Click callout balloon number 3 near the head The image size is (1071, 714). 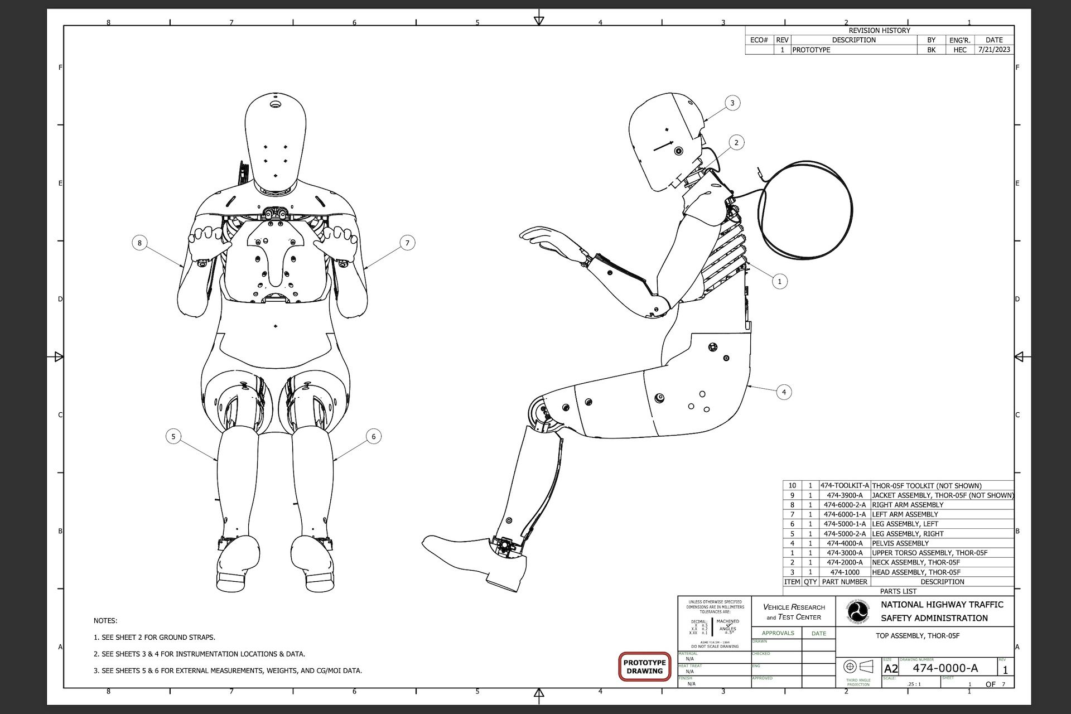(732, 103)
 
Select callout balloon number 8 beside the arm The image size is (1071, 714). (139, 243)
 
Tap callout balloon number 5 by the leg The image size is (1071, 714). (173, 436)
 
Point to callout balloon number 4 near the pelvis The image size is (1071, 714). (784, 392)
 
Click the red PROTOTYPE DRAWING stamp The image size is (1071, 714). (644, 667)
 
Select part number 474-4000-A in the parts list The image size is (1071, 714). (845, 543)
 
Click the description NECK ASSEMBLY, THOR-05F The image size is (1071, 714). (916, 562)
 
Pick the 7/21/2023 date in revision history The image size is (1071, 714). (994, 50)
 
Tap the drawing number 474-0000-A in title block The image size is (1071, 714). (945, 668)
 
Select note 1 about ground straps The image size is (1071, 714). (155, 637)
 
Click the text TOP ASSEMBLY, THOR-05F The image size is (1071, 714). (918, 636)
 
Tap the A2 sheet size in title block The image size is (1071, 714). (891, 669)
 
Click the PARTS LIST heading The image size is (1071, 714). (898, 591)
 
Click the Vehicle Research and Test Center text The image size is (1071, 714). (794, 612)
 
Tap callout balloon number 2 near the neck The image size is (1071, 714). (736, 143)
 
